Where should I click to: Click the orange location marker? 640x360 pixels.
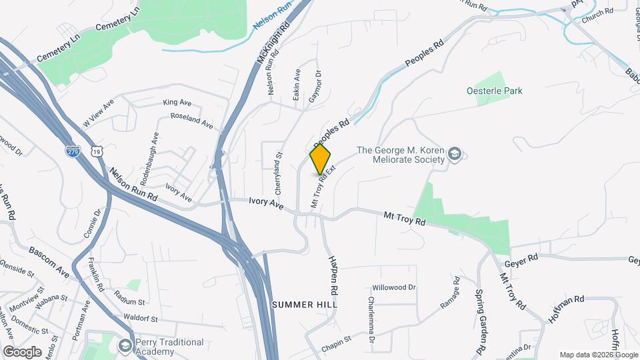coord(320,159)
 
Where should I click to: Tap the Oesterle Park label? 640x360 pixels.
coord(494,91)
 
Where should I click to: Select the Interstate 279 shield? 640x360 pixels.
coord(73,152)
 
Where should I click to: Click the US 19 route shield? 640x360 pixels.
coord(98,151)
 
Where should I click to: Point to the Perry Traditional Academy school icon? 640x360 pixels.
coord(125,346)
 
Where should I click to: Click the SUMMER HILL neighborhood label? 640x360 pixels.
coord(305,304)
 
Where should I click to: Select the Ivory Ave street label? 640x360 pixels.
coord(266,203)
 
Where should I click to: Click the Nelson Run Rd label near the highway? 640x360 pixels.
coord(133,185)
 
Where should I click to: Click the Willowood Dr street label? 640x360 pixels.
coord(394,288)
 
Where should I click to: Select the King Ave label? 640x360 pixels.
coord(177,103)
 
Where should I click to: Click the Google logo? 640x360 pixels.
coord(22,351)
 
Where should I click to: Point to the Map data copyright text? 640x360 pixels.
coord(598,355)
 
